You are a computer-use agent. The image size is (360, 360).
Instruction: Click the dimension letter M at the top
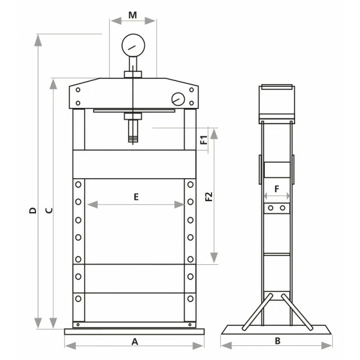[132, 15]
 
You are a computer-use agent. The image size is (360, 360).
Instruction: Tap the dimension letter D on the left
[33, 211]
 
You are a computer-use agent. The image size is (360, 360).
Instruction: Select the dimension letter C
[49, 210]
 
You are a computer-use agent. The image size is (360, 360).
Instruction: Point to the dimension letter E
[136, 197]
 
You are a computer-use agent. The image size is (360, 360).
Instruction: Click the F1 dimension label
[204, 140]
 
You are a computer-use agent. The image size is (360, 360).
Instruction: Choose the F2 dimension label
[209, 197]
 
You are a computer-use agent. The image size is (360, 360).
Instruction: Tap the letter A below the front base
[135, 341]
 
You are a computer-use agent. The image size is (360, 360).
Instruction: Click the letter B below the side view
[278, 341]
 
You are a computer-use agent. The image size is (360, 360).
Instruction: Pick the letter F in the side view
[277, 189]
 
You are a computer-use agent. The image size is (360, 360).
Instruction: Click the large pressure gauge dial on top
[134, 45]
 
